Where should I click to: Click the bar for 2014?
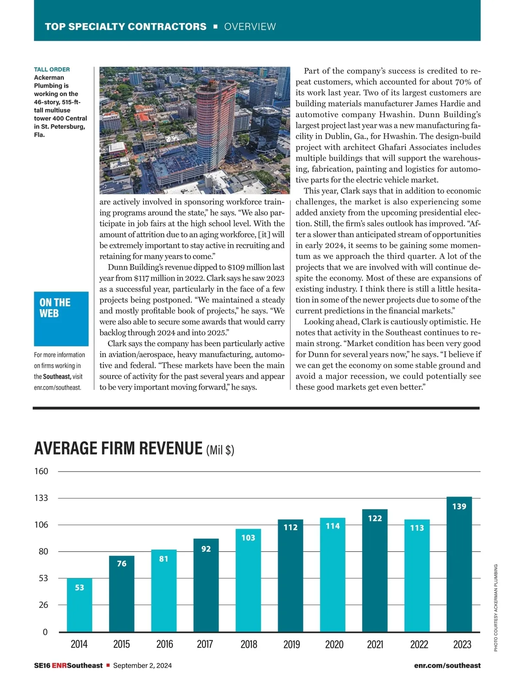tap(79, 605)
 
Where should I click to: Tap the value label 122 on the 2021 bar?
tap(375, 518)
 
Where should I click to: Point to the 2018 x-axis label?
tap(249, 644)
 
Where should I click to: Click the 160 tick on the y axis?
tap(41, 471)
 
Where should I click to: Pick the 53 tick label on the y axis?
tap(43, 578)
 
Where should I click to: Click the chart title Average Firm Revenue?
tap(118, 449)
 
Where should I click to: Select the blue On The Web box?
tap(61, 319)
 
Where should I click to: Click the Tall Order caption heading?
tap(52, 70)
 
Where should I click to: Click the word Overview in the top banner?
tap(250, 27)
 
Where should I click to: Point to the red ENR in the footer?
tap(59, 666)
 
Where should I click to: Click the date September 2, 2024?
tap(142, 666)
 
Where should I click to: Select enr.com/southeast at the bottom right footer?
tap(447, 666)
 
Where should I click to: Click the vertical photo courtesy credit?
tap(496, 608)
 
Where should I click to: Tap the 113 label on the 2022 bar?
tap(417, 528)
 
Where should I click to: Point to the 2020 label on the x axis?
tap(334, 644)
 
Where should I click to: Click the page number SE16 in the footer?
tap(42, 666)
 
